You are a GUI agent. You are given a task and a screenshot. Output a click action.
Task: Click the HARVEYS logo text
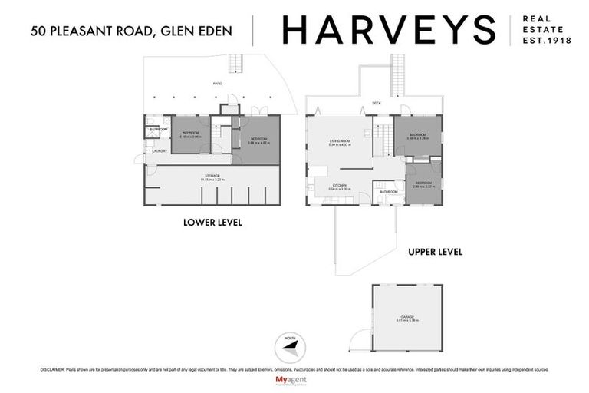pyautogui.click(x=389, y=29)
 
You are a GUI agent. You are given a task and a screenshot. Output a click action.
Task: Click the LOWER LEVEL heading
pyautogui.click(x=212, y=223)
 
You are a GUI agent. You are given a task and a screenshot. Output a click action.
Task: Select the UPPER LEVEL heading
pyautogui.click(x=434, y=251)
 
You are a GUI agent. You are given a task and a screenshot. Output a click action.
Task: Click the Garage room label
pyautogui.click(x=406, y=315)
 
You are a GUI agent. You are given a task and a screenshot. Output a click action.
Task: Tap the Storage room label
pyautogui.click(x=211, y=177)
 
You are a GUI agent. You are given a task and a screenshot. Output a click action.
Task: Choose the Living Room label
pyautogui.click(x=341, y=141)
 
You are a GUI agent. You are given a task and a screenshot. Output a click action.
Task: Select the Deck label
pyautogui.click(x=376, y=103)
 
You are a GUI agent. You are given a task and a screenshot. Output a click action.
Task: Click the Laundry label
pyautogui.click(x=159, y=151)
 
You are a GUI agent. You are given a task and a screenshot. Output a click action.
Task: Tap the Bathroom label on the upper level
pyautogui.click(x=387, y=191)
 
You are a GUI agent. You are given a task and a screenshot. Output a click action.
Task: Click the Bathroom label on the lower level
pyautogui.click(x=158, y=129)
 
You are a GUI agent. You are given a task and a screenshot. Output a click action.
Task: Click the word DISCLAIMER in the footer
pyautogui.click(x=53, y=369)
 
